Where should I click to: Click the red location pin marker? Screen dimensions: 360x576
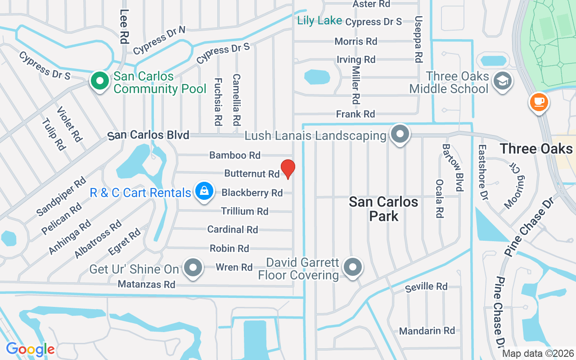[x=288, y=169]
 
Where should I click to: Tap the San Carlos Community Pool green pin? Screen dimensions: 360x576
[x=100, y=81]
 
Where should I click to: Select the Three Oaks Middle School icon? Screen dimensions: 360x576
[x=500, y=81]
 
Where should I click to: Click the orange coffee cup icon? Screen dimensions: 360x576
[x=539, y=102]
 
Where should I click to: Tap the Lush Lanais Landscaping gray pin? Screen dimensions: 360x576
[x=399, y=134]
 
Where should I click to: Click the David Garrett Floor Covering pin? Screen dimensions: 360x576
[x=353, y=267]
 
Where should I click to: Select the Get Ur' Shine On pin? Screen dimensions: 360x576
[x=193, y=267]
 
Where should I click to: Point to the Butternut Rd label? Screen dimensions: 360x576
[x=252, y=174]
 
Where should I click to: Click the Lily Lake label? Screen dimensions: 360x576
[x=319, y=21]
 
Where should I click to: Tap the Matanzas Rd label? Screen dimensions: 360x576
[x=146, y=284]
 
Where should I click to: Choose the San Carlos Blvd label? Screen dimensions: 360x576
[x=148, y=135]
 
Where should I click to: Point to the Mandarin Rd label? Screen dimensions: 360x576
[x=427, y=331]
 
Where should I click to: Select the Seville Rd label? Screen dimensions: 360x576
[x=426, y=287]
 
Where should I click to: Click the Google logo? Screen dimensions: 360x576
[x=30, y=349]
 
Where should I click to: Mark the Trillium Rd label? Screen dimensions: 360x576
[x=244, y=211]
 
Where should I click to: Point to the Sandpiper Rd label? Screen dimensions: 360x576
[x=61, y=197]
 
